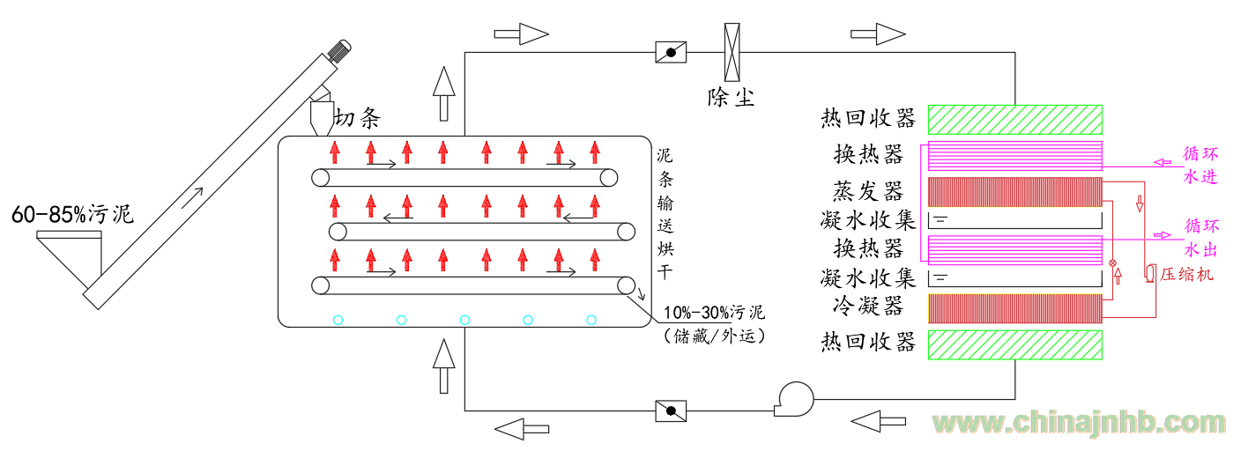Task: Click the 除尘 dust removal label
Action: (731, 96)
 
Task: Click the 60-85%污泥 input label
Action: (70, 213)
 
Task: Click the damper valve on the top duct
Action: (671, 52)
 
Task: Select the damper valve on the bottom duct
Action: (671, 410)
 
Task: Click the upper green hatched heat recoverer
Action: (1014, 119)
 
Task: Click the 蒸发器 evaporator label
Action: (867, 191)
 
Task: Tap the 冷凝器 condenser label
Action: (867, 307)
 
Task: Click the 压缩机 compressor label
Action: (1186, 274)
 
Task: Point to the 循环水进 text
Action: (1200, 164)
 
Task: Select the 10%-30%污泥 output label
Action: (714, 314)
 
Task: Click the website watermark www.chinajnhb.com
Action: (1080, 424)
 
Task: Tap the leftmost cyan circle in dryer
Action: (338, 320)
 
